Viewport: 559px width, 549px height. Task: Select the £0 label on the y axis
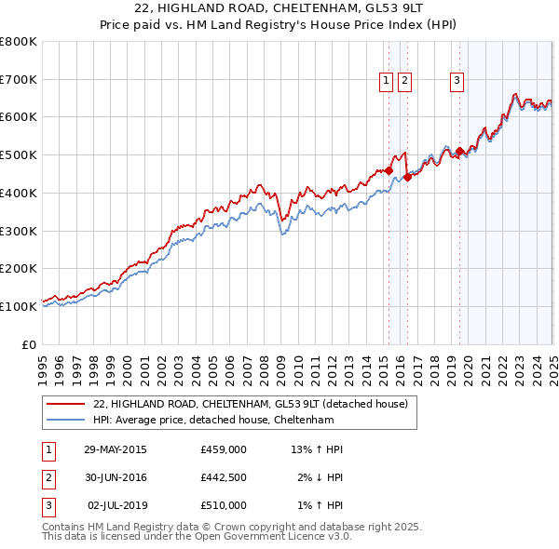30,344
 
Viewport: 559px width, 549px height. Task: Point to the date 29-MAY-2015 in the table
115,449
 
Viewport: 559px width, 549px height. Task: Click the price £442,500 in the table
223,477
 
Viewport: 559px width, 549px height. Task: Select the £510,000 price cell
223,505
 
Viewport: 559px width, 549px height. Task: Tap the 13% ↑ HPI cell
317,449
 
